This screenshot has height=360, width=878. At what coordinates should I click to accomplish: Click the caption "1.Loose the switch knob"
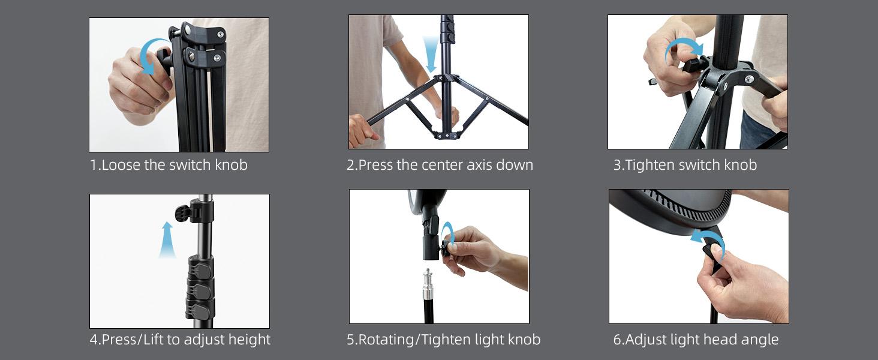pyautogui.click(x=169, y=165)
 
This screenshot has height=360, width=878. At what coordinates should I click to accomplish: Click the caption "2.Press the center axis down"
pyautogui.click(x=440, y=165)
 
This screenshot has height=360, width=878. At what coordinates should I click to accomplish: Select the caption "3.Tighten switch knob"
pyautogui.click(x=685, y=165)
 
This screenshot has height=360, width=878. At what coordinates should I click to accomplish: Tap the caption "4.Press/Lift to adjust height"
pyautogui.click(x=180, y=340)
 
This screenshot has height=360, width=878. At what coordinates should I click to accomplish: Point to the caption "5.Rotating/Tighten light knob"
pyautogui.click(x=443, y=340)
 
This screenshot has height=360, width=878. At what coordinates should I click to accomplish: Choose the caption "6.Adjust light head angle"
pyautogui.click(x=696, y=340)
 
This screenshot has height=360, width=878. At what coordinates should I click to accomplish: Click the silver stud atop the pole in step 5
pyautogui.click(x=428, y=285)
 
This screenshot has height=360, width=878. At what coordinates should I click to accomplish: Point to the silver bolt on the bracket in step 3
pyautogui.click(x=749, y=79)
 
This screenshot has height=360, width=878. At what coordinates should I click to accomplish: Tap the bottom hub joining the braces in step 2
pyautogui.click(x=446, y=135)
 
